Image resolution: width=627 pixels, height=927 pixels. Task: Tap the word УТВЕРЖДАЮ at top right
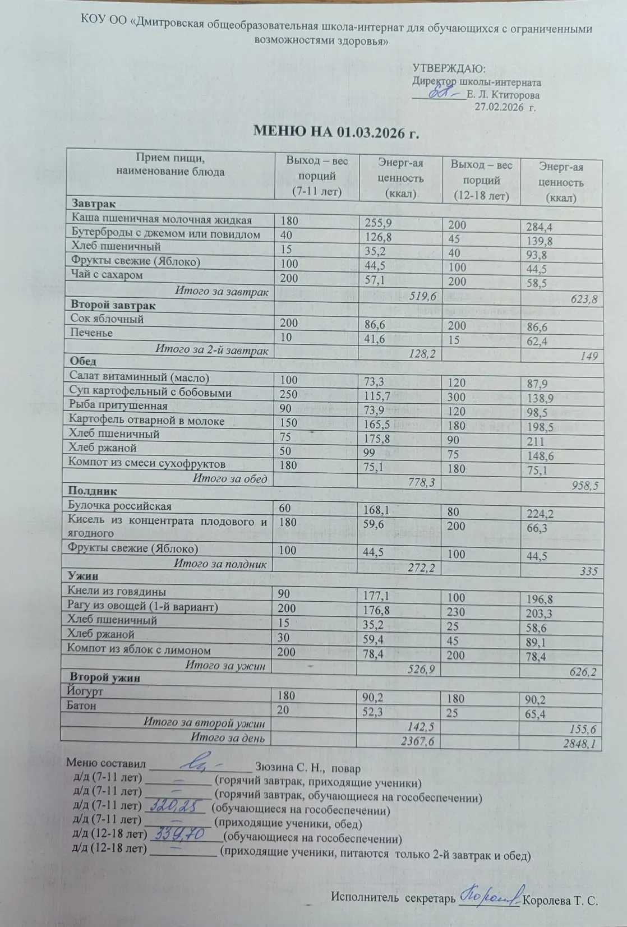point(449,69)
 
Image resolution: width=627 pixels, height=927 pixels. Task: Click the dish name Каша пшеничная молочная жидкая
point(162,220)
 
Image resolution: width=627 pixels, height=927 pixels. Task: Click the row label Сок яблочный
point(107,319)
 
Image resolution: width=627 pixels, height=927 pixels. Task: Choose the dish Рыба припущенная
point(118,405)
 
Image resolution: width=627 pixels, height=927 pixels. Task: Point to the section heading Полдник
point(93,491)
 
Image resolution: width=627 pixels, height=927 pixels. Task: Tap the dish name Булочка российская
point(119,506)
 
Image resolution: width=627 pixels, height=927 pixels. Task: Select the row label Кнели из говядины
point(117,591)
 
